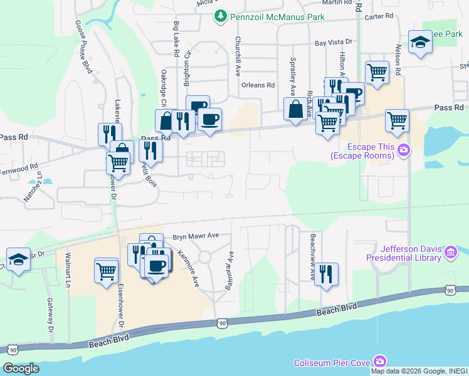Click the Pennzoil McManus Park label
pyautogui.click(x=277, y=17)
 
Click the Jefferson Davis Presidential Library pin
pyautogui.click(x=450, y=252)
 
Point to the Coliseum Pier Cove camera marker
pyautogui.click(x=379, y=362)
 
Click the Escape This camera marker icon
pyautogui.click(x=404, y=150)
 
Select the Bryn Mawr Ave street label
pyautogui.click(x=196, y=236)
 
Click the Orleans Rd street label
pyautogui.click(x=258, y=85)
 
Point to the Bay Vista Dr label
pyautogui.click(x=334, y=44)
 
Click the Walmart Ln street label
pyautogui.click(x=68, y=270)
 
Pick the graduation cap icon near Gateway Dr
pyautogui.click(x=18, y=259)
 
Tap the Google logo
pyautogui.click(x=21, y=368)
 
